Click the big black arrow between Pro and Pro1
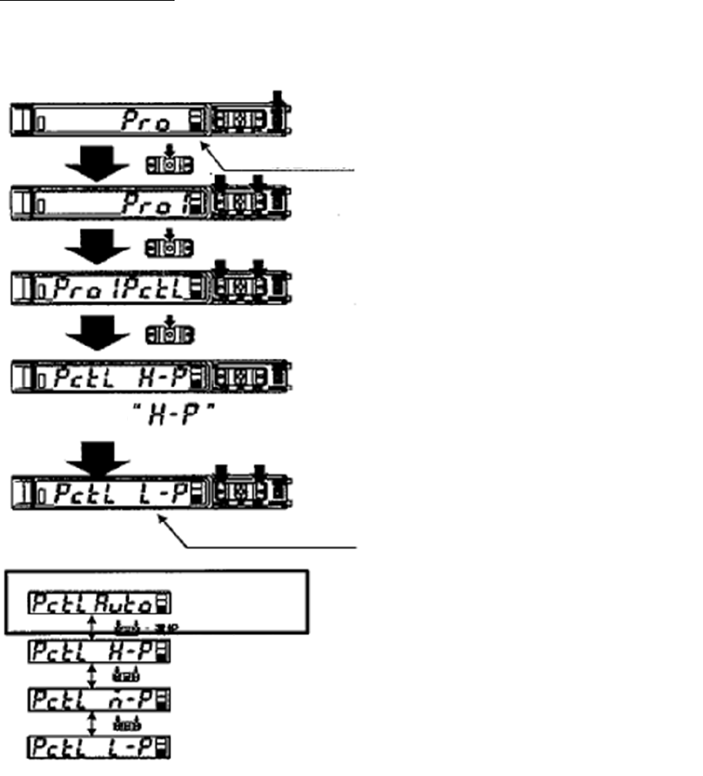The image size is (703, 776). pyautogui.click(x=100, y=165)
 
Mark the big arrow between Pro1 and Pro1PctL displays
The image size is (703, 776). pyautogui.click(x=100, y=249)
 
